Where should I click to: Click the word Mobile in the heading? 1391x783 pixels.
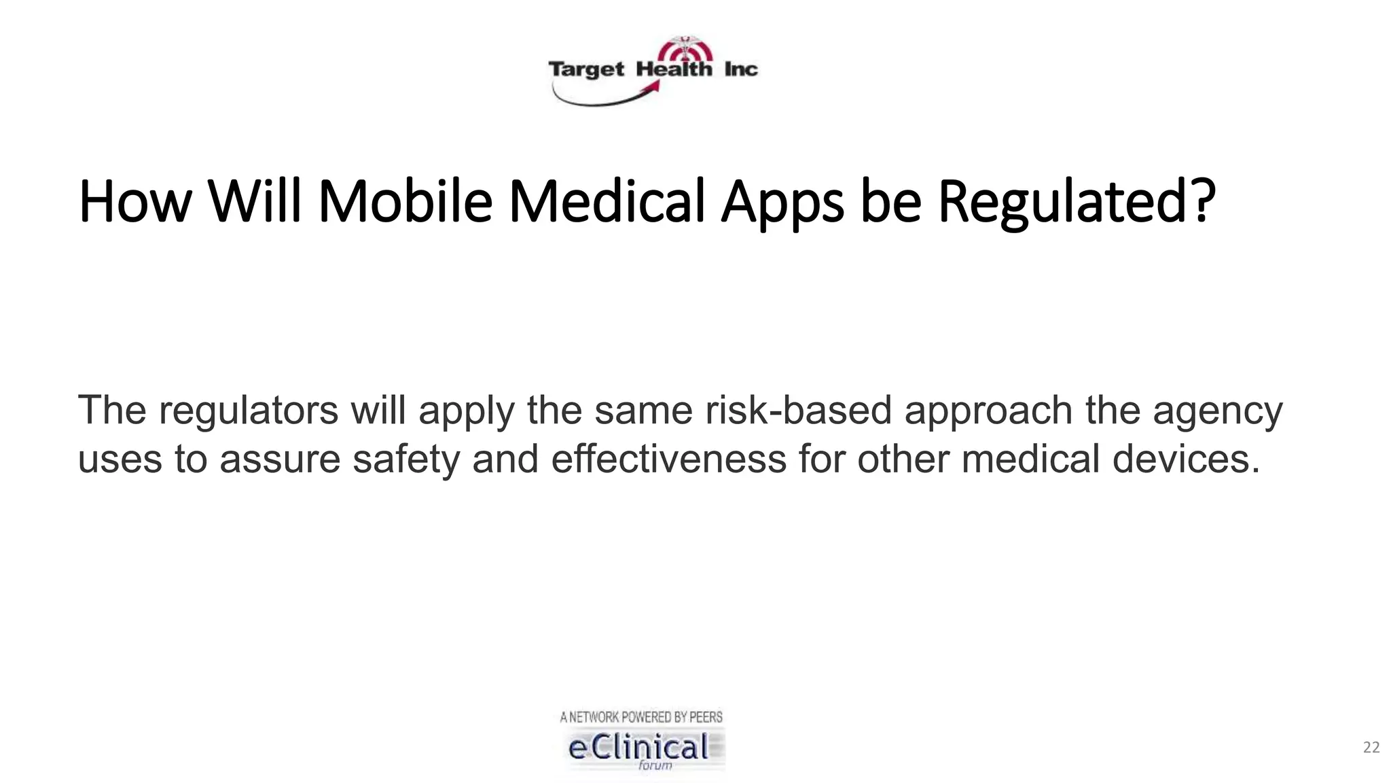[405, 202]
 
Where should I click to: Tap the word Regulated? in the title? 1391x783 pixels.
[1077, 202]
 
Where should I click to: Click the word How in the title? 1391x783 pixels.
[135, 202]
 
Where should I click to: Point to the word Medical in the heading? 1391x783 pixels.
[607, 202]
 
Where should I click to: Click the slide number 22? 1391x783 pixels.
[1371, 748]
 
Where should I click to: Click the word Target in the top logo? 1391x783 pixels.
[586, 70]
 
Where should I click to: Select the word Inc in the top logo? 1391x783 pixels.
[740, 69]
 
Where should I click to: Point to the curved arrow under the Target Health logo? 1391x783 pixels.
[604, 99]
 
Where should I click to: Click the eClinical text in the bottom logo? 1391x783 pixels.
[638, 748]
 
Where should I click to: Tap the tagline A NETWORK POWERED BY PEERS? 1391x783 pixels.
[641, 717]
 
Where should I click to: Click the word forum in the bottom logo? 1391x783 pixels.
[655, 765]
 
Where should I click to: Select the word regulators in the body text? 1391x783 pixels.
[249, 411]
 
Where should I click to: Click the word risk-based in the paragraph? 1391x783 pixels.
[798, 411]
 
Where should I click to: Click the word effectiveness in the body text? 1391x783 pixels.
[668, 459]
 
